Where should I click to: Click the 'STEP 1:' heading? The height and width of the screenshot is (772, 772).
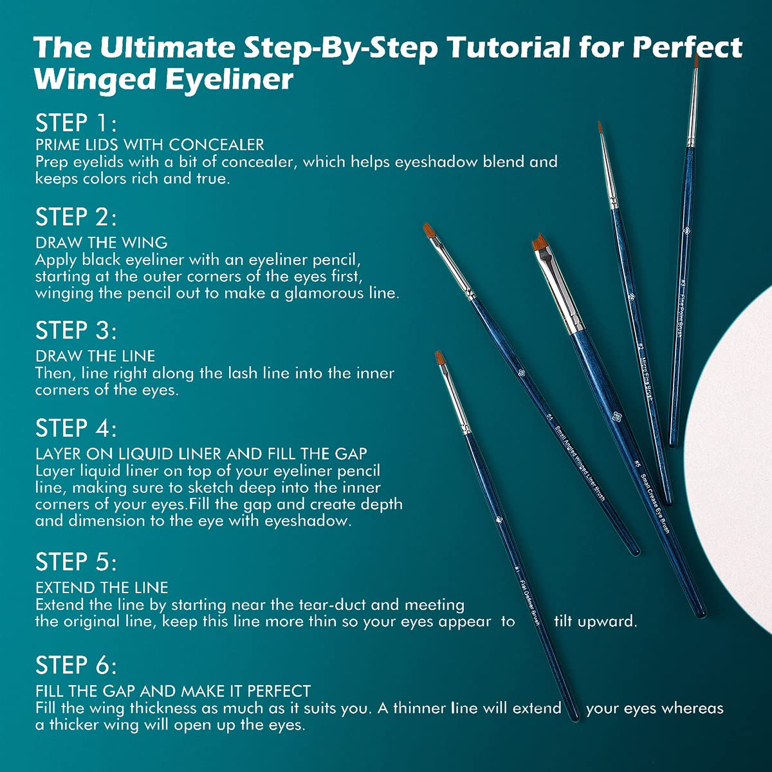pos(76,123)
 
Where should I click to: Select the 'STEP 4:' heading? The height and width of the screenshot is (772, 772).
pos(76,428)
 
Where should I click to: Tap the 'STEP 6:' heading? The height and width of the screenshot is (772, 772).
pos(76,665)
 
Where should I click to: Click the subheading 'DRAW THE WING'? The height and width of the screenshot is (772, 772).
pos(102,243)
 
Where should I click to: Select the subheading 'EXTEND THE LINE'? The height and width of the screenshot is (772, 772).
pos(102,587)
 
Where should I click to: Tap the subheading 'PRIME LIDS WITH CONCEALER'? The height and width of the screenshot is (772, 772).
pos(150,145)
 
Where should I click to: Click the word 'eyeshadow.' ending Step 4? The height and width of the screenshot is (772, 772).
pos(308,520)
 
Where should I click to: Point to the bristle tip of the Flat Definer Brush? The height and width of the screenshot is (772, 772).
pos(440,358)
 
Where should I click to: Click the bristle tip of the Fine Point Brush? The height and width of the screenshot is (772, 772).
pos(696,61)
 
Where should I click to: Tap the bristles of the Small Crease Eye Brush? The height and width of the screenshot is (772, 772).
pos(541,246)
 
